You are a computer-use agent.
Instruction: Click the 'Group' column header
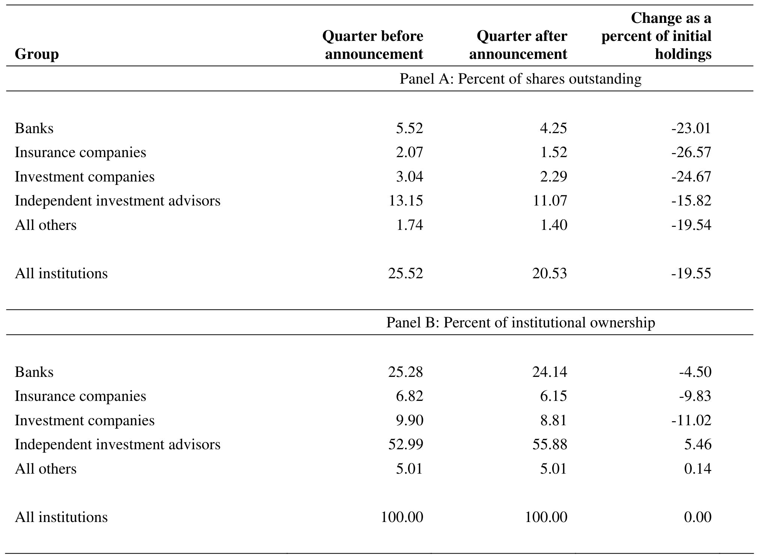coord(37,54)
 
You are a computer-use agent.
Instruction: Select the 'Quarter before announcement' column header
coord(373,45)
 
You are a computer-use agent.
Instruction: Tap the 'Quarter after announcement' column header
coord(518,45)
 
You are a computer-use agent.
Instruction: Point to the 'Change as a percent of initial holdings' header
coord(657,36)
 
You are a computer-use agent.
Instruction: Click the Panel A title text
coord(521,79)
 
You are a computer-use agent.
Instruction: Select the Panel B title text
coord(521,322)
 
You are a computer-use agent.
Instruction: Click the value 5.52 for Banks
coord(410,128)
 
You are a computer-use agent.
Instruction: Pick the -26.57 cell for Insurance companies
coord(691,152)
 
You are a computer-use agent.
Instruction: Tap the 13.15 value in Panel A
coord(406,201)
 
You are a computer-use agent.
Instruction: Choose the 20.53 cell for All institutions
coord(550,273)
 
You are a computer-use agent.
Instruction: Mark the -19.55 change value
coord(691,273)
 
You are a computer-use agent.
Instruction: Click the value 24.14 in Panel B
coord(550,372)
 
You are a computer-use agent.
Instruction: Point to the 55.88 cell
coord(550,444)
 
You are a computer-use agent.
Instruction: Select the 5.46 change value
coord(698,444)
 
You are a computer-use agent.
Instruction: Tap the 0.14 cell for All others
coord(698,469)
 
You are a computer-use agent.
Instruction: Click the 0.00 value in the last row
coord(698,517)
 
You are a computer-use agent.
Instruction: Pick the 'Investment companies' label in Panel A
coord(84,177)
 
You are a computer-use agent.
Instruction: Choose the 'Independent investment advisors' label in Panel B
coord(117,444)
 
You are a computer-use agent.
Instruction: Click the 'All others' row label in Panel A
coord(45,225)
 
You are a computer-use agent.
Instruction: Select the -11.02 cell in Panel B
coord(691,420)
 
